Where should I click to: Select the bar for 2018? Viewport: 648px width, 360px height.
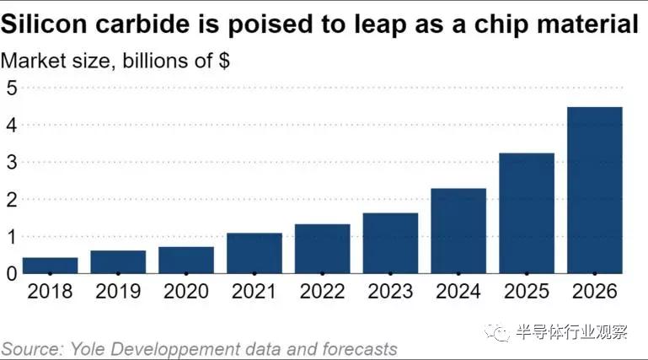[50, 265]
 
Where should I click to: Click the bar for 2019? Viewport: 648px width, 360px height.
[118, 261]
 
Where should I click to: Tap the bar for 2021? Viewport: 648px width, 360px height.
[254, 253]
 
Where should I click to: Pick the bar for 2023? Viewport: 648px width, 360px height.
[390, 243]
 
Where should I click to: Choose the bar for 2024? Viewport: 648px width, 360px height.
[458, 230]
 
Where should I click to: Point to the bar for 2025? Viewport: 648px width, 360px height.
[527, 212]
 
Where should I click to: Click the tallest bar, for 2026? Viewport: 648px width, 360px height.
[595, 190]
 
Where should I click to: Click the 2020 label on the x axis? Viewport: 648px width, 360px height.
[185, 292]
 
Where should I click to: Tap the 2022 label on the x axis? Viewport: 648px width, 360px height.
[322, 292]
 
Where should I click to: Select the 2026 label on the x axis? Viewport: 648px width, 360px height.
[595, 292]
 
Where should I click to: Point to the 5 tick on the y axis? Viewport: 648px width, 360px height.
[12, 87]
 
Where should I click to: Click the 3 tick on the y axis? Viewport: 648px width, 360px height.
[12, 162]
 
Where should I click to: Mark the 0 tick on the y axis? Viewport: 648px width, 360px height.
[12, 274]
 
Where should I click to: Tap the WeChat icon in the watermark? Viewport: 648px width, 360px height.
[502, 333]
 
